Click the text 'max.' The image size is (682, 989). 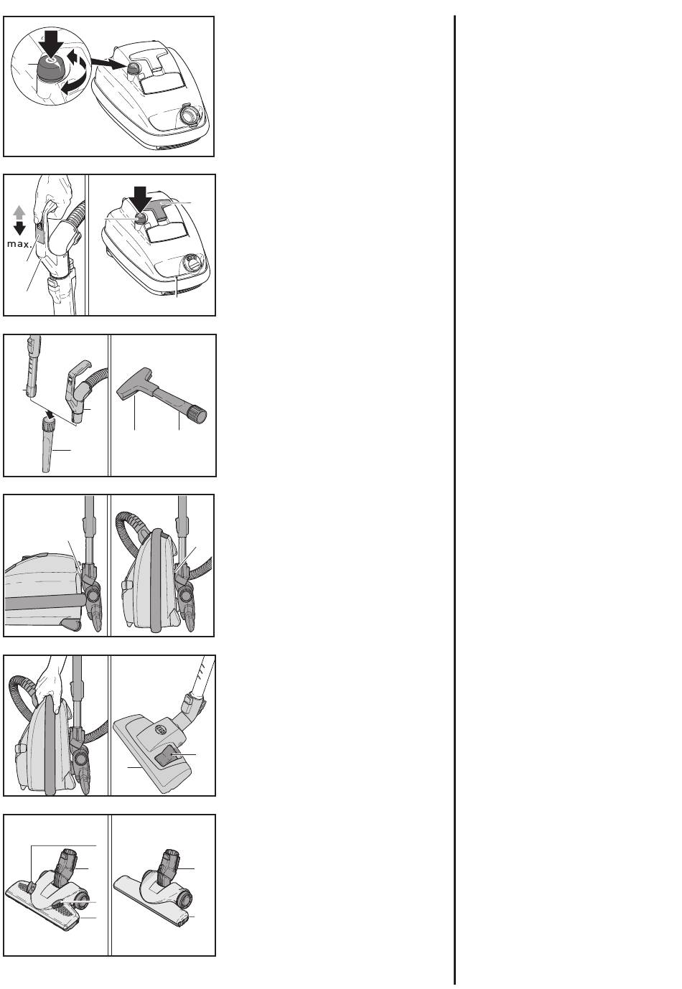coord(19,244)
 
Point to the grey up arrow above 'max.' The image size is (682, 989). coord(19,213)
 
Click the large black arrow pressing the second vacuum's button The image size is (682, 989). coord(140,199)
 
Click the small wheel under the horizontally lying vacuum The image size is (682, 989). coord(70,624)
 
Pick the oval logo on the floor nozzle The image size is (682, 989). coord(162,731)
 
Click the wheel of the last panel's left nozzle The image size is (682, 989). coord(81,901)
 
